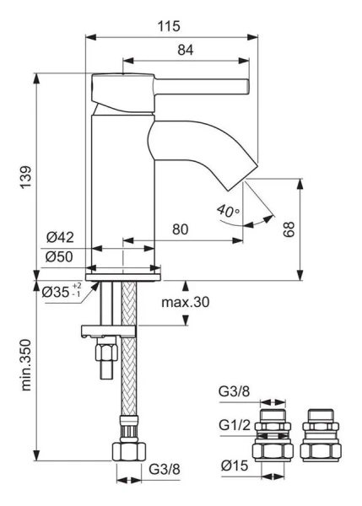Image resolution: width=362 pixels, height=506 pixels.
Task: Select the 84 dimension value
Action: click(x=186, y=50)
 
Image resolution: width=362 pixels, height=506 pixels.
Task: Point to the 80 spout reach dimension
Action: click(x=180, y=229)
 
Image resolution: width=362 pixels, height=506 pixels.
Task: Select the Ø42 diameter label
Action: click(x=61, y=237)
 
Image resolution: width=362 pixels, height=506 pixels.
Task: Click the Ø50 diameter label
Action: click(x=61, y=256)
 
